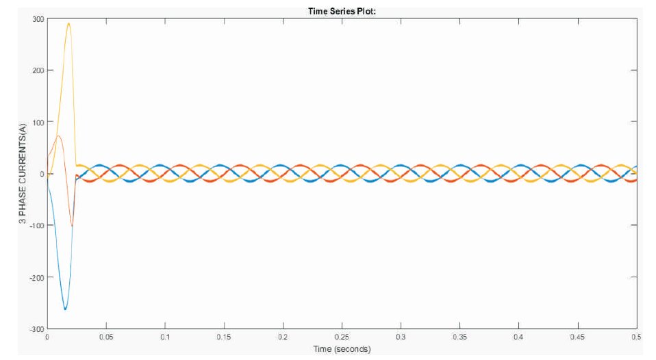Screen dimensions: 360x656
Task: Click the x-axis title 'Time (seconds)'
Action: coord(342,349)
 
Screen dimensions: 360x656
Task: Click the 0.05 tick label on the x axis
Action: coord(106,337)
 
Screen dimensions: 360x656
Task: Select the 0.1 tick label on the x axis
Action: coord(165,337)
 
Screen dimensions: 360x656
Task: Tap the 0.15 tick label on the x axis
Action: coord(224,337)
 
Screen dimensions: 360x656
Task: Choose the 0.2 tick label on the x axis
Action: coord(283,337)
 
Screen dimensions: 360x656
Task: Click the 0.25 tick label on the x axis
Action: coord(342,337)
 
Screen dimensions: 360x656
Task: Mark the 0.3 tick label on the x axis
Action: coord(401,337)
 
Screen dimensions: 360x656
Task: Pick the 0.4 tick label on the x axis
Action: coord(518,337)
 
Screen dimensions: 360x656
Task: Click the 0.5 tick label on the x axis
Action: coord(636,337)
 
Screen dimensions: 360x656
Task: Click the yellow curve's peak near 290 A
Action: coord(68,24)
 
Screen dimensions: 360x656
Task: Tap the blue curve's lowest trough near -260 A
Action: coord(65,309)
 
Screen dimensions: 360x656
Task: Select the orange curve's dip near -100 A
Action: coord(72,226)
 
